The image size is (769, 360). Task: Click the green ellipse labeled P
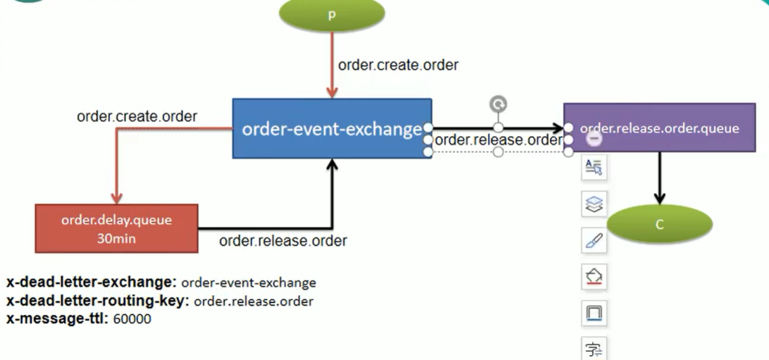(331, 15)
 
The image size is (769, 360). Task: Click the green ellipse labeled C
(659, 224)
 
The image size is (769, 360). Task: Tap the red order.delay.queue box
(116, 228)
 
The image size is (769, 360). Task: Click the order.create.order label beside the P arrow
(398, 65)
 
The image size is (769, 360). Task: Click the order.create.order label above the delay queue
(137, 116)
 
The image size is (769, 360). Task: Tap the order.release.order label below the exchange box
(283, 241)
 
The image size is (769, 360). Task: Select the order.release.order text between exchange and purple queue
(498, 139)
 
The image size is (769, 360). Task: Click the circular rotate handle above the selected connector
(498, 105)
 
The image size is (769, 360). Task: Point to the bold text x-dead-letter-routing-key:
(98, 301)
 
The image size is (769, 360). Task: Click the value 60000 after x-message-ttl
(132, 319)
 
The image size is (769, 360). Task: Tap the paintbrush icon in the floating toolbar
(594, 242)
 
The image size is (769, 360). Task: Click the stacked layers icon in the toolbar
(594, 204)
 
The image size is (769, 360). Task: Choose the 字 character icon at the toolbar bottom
(594, 349)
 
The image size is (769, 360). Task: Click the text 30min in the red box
(116, 238)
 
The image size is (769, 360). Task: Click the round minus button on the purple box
(595, 138)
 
